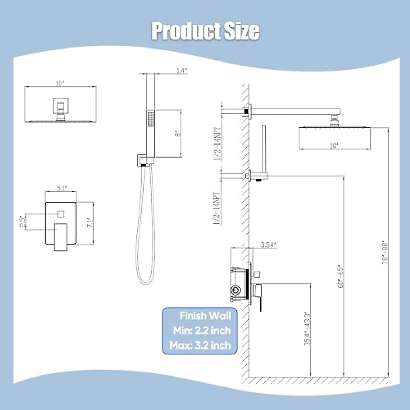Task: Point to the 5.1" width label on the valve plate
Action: [62, 188]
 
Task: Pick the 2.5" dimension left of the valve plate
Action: [23, 222]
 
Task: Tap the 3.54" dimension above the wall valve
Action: [268, 244]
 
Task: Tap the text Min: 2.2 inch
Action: [202, 331]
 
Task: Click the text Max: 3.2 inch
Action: [201, 345]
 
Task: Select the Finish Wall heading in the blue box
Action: [205, 316]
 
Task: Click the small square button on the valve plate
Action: [61, 214]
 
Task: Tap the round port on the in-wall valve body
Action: [234, 290]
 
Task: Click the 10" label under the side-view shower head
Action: [333, 146]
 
